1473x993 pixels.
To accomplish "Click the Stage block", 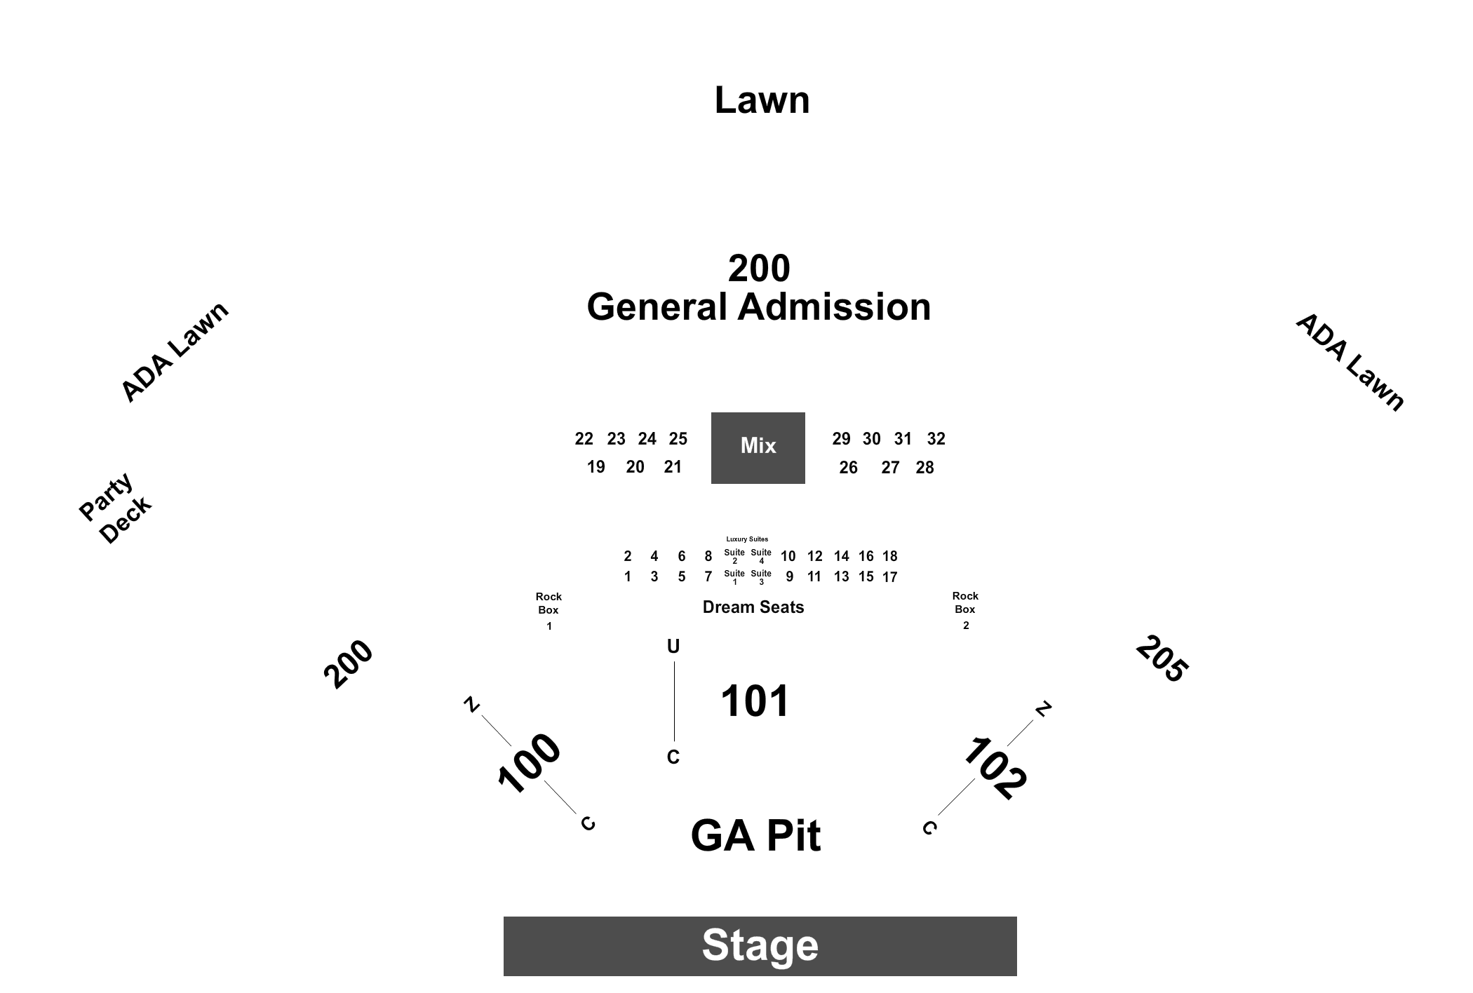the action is (x=760, y=946).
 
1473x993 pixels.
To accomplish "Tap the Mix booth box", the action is (x=758, y=448).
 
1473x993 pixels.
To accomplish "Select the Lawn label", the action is (x=762, y=100).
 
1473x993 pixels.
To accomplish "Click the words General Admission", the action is (x=759, y=307).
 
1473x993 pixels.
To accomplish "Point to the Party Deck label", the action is (x=115, y=508).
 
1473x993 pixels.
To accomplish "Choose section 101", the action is (x=755, y=701).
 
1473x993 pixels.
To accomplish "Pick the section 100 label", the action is (x=529, y=763).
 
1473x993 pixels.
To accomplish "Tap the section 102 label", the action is (x=995, y=768).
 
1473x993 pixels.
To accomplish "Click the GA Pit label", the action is (x=755, y=835).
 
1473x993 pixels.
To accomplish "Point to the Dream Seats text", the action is (x=753, y=607).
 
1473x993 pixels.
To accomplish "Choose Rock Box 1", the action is (x=549, y=610).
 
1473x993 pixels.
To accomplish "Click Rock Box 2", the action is (x=965, y=609).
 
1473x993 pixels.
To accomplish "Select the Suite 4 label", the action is (x=761, y=556).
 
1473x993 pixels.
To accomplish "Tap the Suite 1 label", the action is (x=734, y=577).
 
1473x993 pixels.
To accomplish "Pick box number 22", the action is (x=584, y=439).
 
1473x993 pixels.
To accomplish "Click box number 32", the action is (x=936, y=439).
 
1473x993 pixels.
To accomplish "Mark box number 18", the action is (x=889, y=556).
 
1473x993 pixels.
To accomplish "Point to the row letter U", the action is (x=673, y=647).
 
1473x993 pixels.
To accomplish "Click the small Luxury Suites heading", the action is (x=747, y=539).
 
